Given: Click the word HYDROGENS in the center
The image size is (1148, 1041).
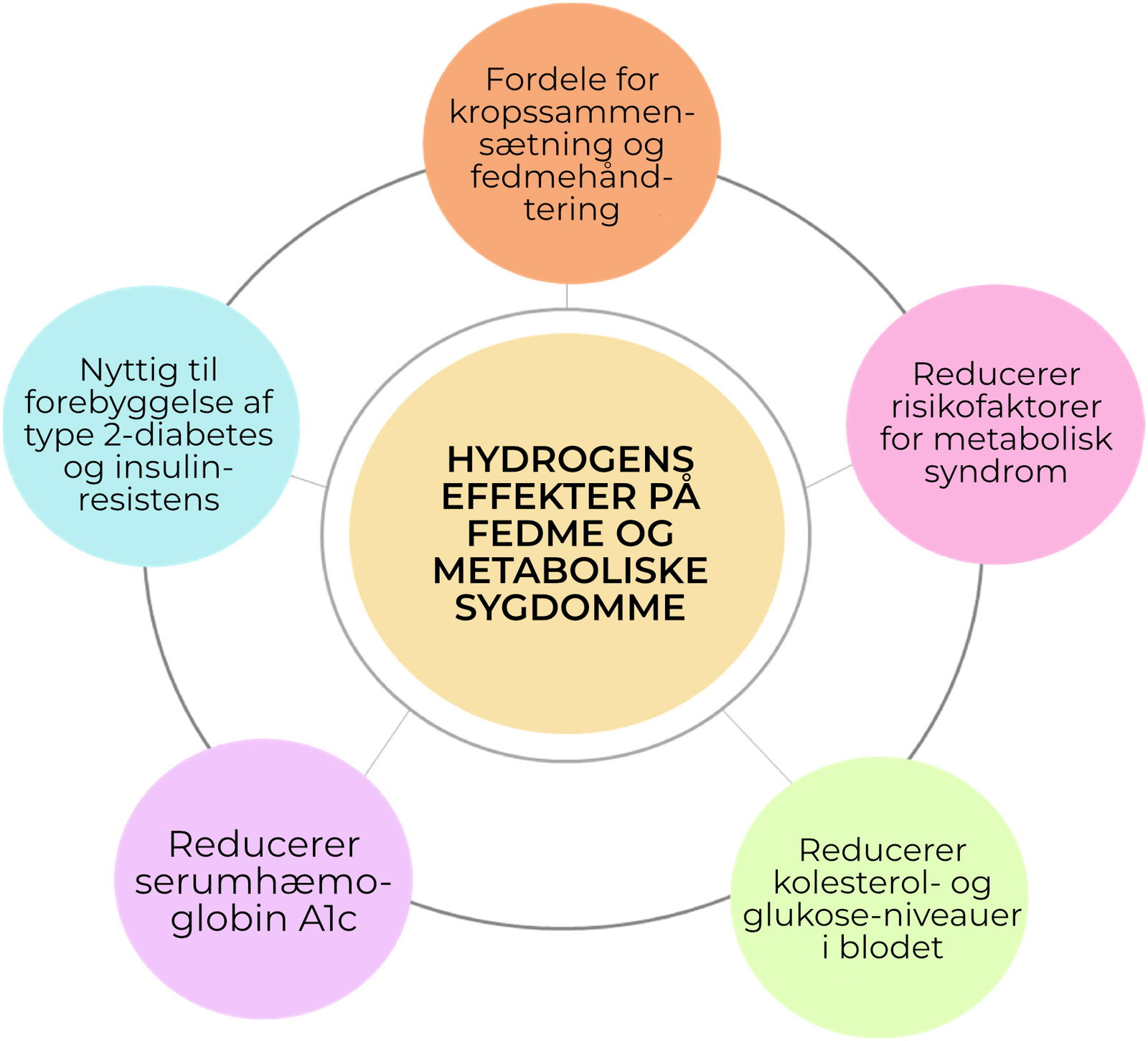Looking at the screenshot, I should [570, 460].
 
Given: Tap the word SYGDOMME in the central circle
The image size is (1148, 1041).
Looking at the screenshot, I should [570, 608].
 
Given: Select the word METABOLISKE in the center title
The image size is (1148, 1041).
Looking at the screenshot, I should [570, 571].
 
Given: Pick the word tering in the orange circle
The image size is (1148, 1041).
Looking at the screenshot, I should [571, 210].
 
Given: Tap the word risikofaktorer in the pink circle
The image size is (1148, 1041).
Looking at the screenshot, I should [996, 407].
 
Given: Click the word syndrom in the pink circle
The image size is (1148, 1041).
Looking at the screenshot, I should [996, 472].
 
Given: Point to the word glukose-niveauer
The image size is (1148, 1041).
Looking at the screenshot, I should [882, 915].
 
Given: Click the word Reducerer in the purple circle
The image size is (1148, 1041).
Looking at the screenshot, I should [263, 844].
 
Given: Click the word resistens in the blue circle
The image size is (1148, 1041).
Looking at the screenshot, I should [149, 500].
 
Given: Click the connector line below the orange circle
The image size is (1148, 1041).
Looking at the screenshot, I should [567, 297].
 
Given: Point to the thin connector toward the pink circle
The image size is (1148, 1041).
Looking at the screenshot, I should [829, 477].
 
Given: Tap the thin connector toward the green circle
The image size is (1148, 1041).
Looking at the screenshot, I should [757, 747].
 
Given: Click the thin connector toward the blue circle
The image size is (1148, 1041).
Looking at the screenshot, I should [308, 481].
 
